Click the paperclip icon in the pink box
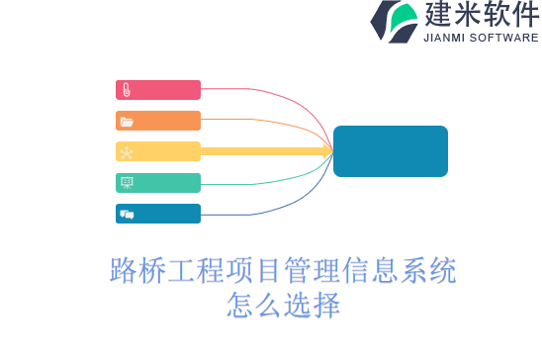pyautogui.click(x=126, y=90)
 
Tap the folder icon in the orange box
pyautogui.click(x=126, y=122)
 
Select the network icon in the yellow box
pyautogui.click(x=126, y=152)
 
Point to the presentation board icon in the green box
pyautogui.click(x=126, y=183)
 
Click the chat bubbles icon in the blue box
pyautogui.click(x=126, y=214)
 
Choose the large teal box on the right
pyautogui.click(x=390, y=151)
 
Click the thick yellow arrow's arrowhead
pyautogui.click(x=325, y=151)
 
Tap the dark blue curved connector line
pyautogui.click(x=287, y=202)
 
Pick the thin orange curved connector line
pyautogui.click(x=287, y=126)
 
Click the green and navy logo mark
pyautogui.click(x=394, y=21)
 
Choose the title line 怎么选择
pyautogui.click(x=283, y=303)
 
